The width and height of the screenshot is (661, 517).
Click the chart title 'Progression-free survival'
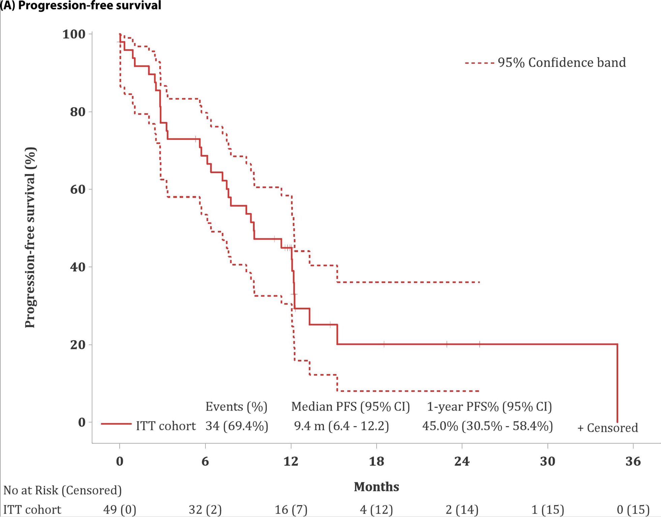tap(89, 5)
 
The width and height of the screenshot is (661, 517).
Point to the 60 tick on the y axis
tap(78, 189)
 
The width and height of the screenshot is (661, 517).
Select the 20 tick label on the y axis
tap(78, 345)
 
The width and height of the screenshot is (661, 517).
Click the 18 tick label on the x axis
tap(377, 461)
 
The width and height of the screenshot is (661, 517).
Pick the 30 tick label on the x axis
tap(547, 461)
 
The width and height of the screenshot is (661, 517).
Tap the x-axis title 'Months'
tap(377, 487)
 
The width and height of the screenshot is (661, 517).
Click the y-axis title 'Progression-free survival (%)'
tap(30, 237)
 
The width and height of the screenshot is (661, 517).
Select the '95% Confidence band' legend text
tap(562, 63)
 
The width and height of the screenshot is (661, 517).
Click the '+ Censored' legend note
tap(608, 428)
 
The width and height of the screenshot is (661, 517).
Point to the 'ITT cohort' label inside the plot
tap(166, 426)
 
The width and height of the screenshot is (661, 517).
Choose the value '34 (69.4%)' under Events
tap(237, 426)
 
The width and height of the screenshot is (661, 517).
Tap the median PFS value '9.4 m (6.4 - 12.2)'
tap(341, 426)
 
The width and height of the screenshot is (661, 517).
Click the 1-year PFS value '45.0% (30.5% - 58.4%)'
tap(487, 426)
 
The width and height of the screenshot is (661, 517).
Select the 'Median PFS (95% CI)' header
tap(351, 407)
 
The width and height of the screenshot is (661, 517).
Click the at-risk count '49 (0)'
tap(120, 510)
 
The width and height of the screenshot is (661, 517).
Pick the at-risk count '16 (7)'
tap(291, 510)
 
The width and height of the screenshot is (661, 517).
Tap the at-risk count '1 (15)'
tap(547, 510)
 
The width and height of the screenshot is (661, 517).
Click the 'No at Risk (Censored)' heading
tap(62, 490)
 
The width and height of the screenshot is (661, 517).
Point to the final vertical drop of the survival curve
tap(617, 384)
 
